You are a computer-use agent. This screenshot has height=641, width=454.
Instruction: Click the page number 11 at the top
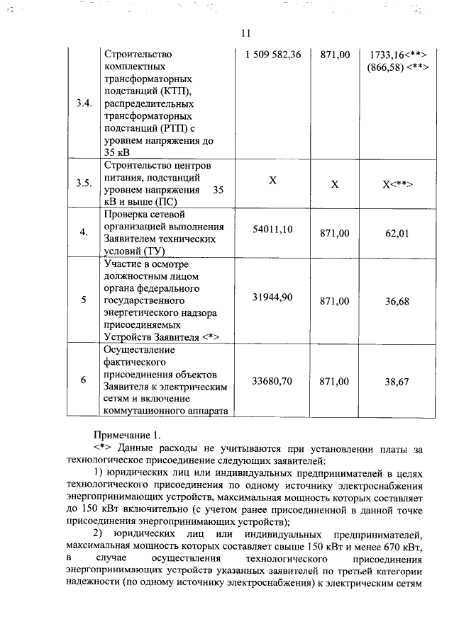click(x=245, y=33)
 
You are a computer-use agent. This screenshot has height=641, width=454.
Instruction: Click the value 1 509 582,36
click(x=272, y=55)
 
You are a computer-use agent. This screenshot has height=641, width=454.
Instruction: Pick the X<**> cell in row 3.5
click(x=397, y=184)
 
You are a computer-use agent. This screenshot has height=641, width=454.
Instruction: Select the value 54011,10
click(x=272, y=229)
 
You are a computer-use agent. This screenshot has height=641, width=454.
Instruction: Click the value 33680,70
click(x=272, y=380)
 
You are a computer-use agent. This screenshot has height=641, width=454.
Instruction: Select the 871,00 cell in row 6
click(x=335, y=381)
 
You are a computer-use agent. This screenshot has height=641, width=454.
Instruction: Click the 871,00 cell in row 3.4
click(x=335, y=55)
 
